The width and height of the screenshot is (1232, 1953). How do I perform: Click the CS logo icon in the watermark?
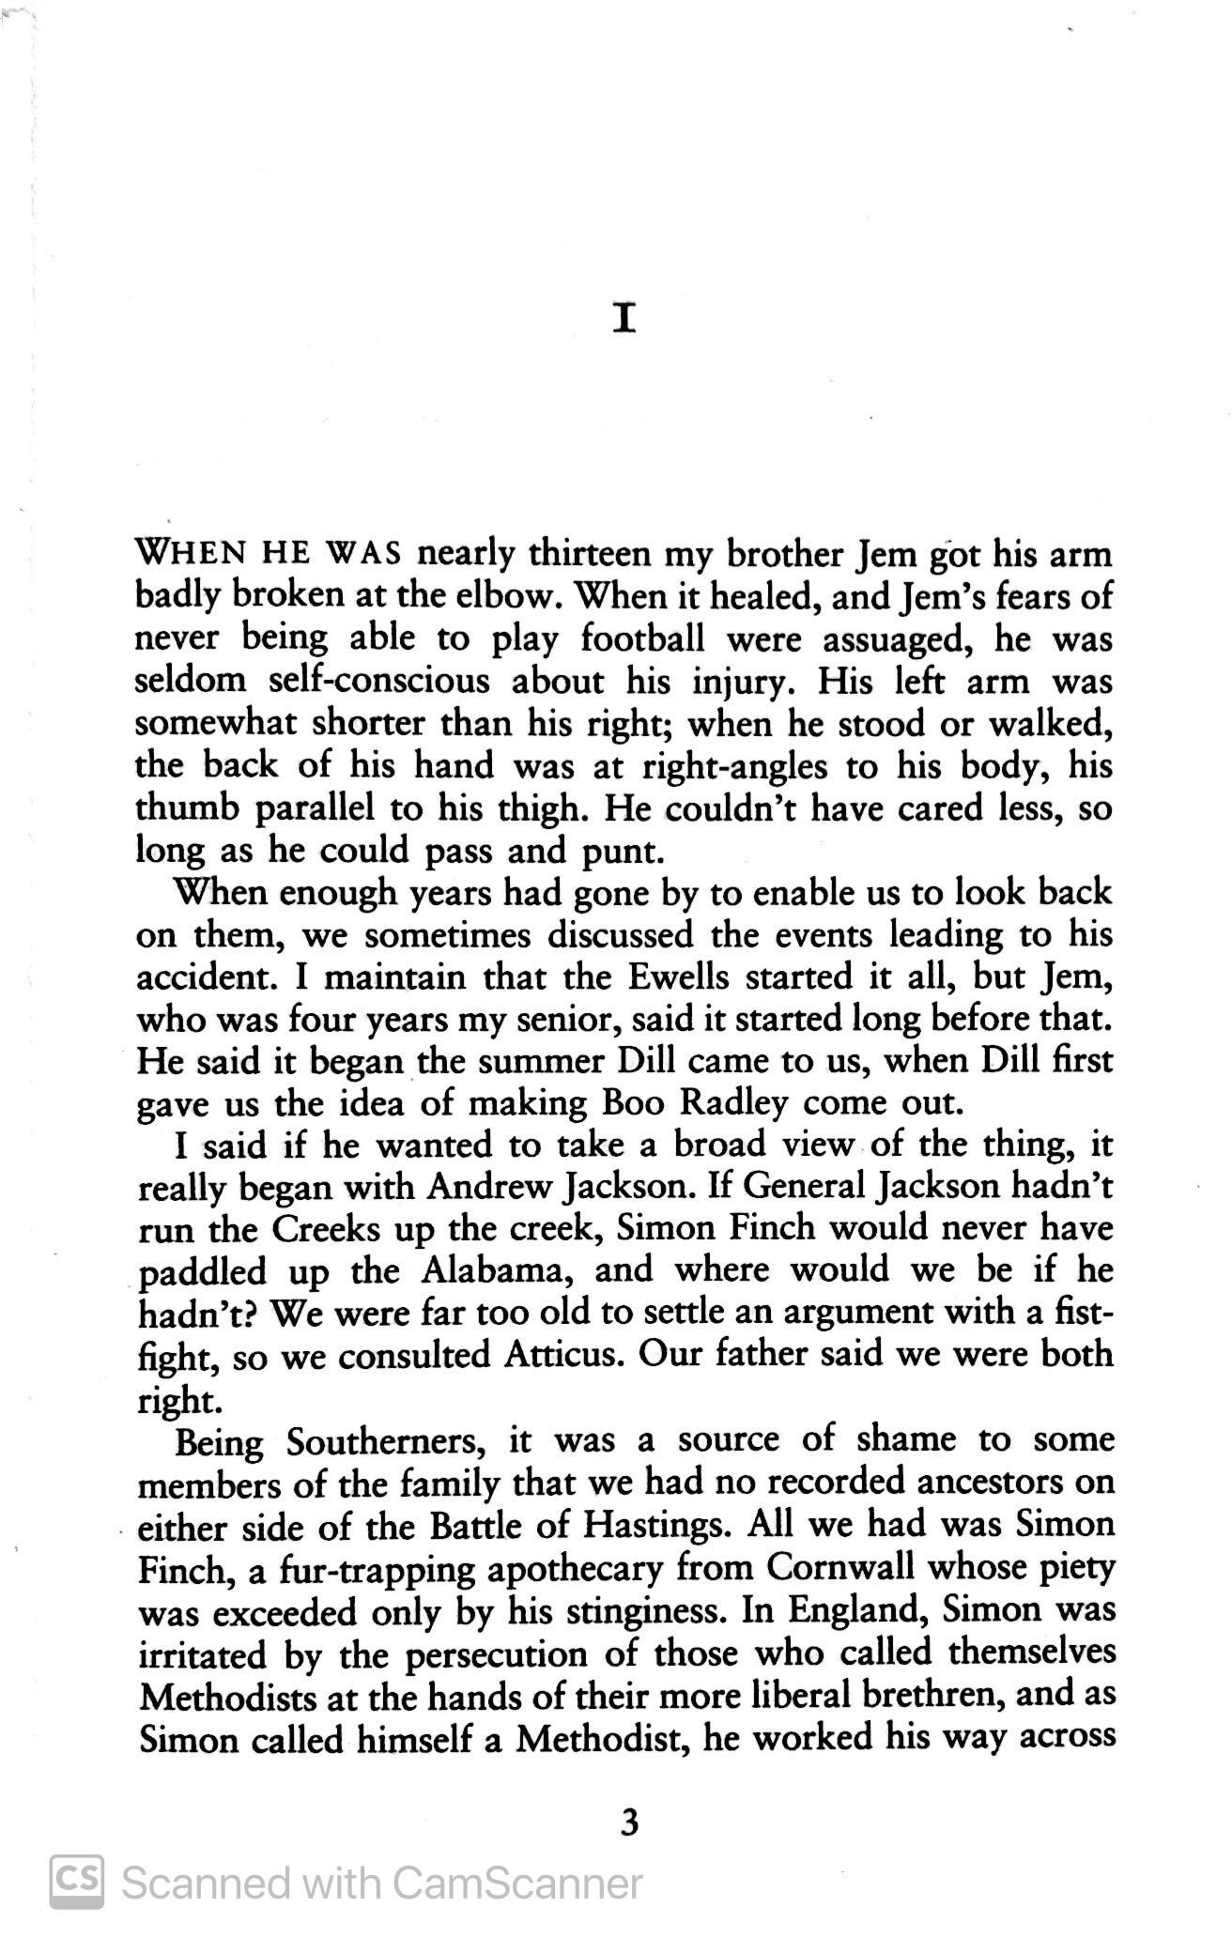coord(76,1882)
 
